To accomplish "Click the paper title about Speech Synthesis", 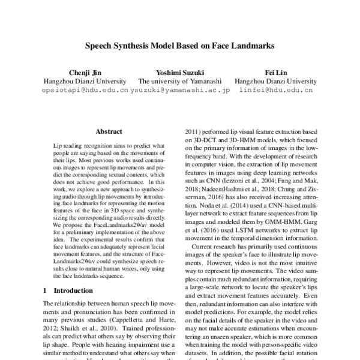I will pos(180,45).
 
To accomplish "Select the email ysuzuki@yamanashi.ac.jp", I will pos(181,91).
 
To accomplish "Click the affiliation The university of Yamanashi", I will pos(180,80).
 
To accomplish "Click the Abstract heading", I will pos(109,131).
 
